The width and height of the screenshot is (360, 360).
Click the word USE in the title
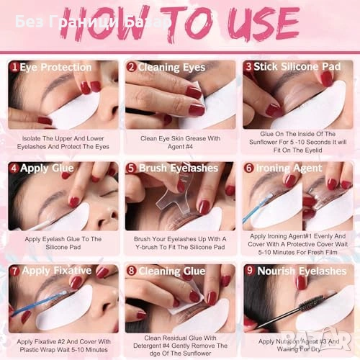(x=264, y=24)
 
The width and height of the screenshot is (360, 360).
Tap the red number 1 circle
(x=14, y=67)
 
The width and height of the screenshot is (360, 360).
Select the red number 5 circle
(x=131, y=168)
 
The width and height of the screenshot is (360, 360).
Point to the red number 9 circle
(x=250, y=270)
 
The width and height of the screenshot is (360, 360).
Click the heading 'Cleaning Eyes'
(x=171, y=68)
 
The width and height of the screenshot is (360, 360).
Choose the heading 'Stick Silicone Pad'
(x=297, y=66)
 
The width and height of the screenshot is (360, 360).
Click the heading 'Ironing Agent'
(x=289, y=168)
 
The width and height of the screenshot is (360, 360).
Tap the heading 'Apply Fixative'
(x=57, y=271)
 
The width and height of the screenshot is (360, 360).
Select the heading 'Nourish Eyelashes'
(x=302, y=271)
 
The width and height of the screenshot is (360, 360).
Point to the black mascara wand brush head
(x=311, y=302)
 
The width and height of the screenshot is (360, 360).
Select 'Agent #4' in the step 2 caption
(x=180, y=147)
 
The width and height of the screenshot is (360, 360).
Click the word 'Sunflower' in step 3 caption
(x=264, y=142)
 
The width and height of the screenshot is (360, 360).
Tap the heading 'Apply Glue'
(x=47, y=168)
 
